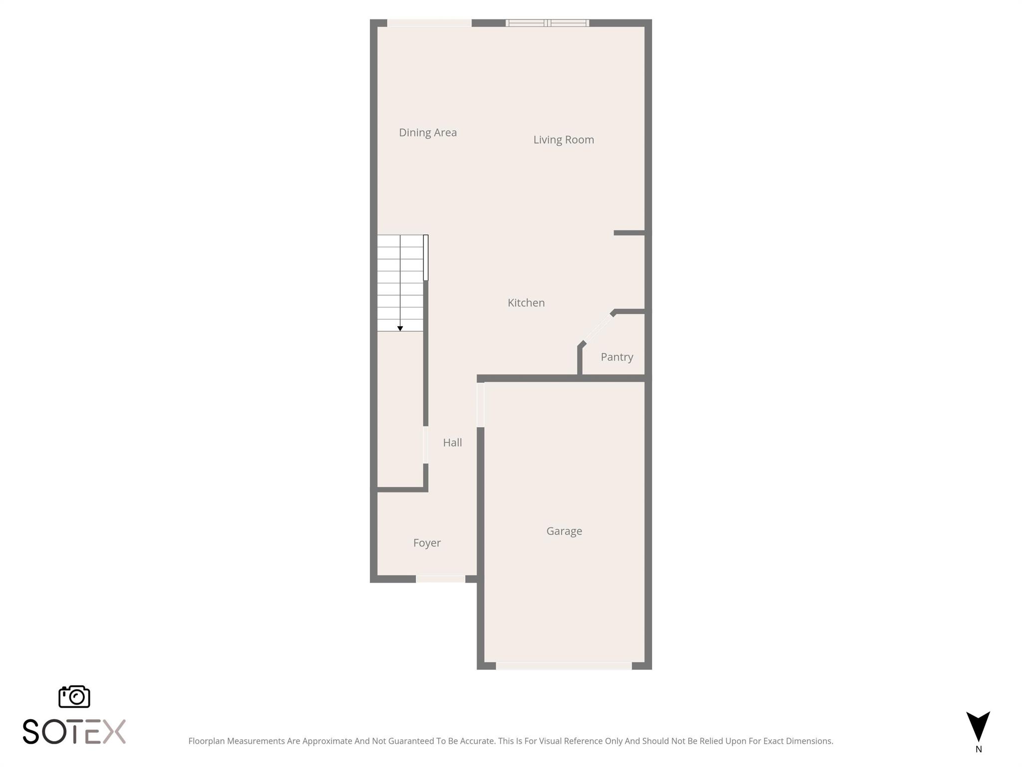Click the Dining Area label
coord(428,132)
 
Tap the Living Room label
coord(563,140)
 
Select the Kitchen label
coord(526,303)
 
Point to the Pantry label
coord(617,357)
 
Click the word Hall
coord(452,442)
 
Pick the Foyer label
coord(427,543)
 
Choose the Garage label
coord(564,531)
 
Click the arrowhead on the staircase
coord(400,329)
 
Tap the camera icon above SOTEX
coord(74,697)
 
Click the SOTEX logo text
coord(74,732)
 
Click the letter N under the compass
coord(979,749)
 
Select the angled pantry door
coord(598,328)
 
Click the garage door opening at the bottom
coord(564,666)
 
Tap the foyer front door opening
coord(440,579)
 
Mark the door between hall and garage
coord(481,405)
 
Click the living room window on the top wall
coord(547,23)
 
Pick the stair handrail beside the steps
coord(426,258)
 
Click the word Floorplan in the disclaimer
coord(207,741)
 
